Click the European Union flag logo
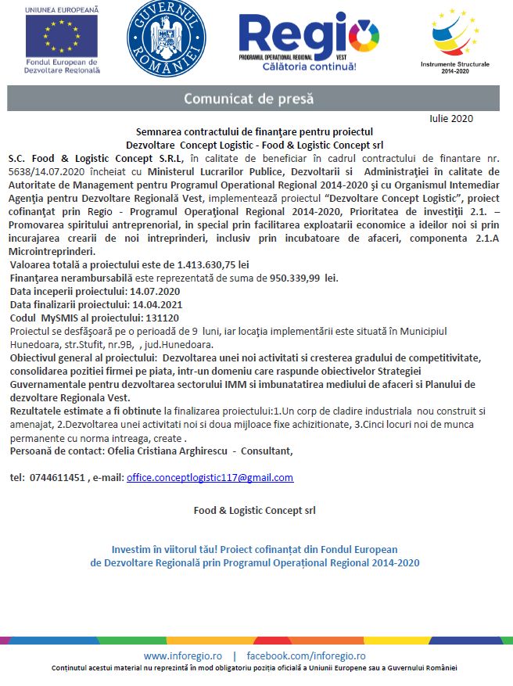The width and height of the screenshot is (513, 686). click(x=61, y=36)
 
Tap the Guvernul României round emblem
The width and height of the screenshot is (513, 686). click(x=167, y=37)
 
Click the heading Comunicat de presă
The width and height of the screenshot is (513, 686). click(x=248, y=99)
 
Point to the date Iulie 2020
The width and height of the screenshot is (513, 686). click(x=451, y=119)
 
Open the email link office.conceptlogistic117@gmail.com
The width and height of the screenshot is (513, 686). click(x=210, y=477)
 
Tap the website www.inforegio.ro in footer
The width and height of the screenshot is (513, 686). click(x=182, y=655)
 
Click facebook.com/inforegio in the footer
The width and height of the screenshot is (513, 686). click(x=306, y=655)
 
